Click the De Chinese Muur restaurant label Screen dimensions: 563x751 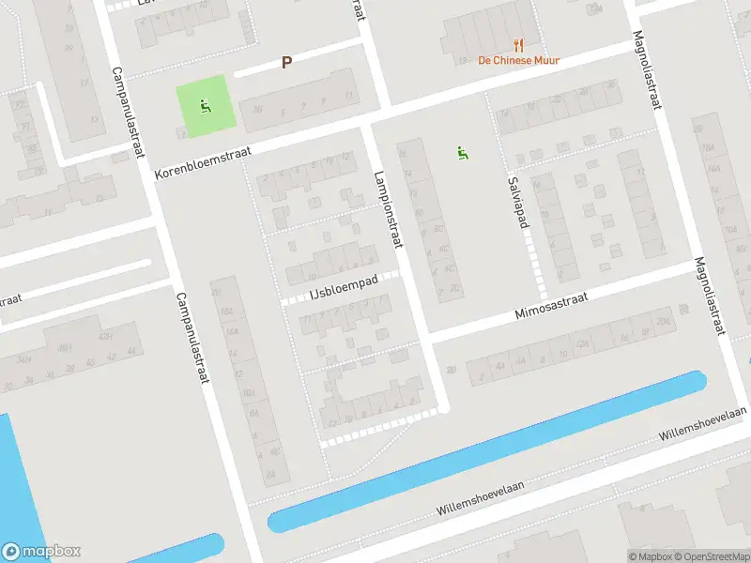519,60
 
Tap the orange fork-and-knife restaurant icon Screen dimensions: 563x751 518,44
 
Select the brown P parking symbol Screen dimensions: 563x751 287,63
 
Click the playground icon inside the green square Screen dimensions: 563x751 205,104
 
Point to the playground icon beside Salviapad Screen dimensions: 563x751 461,152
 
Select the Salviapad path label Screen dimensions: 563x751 513,198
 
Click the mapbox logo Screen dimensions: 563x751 40,552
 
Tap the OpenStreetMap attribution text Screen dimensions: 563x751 711,556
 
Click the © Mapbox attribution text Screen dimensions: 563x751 651,556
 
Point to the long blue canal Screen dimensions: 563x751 488,450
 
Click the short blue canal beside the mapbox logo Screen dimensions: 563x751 178,549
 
